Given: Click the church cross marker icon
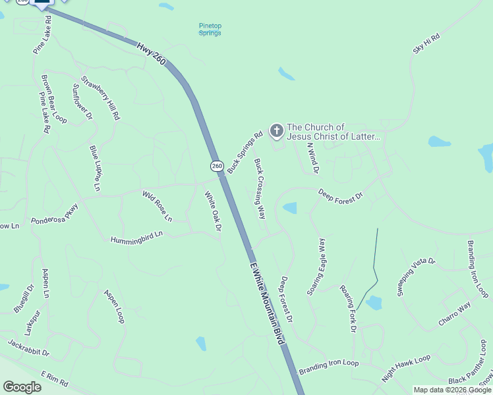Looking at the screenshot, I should click(x=277, y=132).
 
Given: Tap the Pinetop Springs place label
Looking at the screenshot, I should click(x=210, y=30).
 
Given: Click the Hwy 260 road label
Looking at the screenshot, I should click(x=152, y=55).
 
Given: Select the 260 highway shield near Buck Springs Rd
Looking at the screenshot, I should click(x=217, y=165).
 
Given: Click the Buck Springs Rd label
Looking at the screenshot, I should click(x=245, y=153).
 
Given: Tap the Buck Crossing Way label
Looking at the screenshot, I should click(x=260, y=189).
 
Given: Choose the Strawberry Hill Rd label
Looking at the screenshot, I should click(x=100, y=98).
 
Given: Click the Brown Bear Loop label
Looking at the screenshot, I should click(x=54, y=99).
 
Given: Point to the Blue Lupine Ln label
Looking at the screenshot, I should click(x=96, y=169).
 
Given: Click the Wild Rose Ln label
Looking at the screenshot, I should click(x=157, y=205).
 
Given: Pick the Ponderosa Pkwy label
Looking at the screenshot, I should click(x=54, y=217).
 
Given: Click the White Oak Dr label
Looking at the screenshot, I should click(x=212, y=211).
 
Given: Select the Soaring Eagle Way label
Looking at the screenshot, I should click(x=317, y=267).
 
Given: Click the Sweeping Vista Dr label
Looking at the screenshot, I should click(x=417, y=276).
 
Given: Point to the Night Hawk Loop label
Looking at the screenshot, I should click(x=406, y=368).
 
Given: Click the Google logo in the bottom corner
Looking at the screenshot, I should click(x=22, y=387).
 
